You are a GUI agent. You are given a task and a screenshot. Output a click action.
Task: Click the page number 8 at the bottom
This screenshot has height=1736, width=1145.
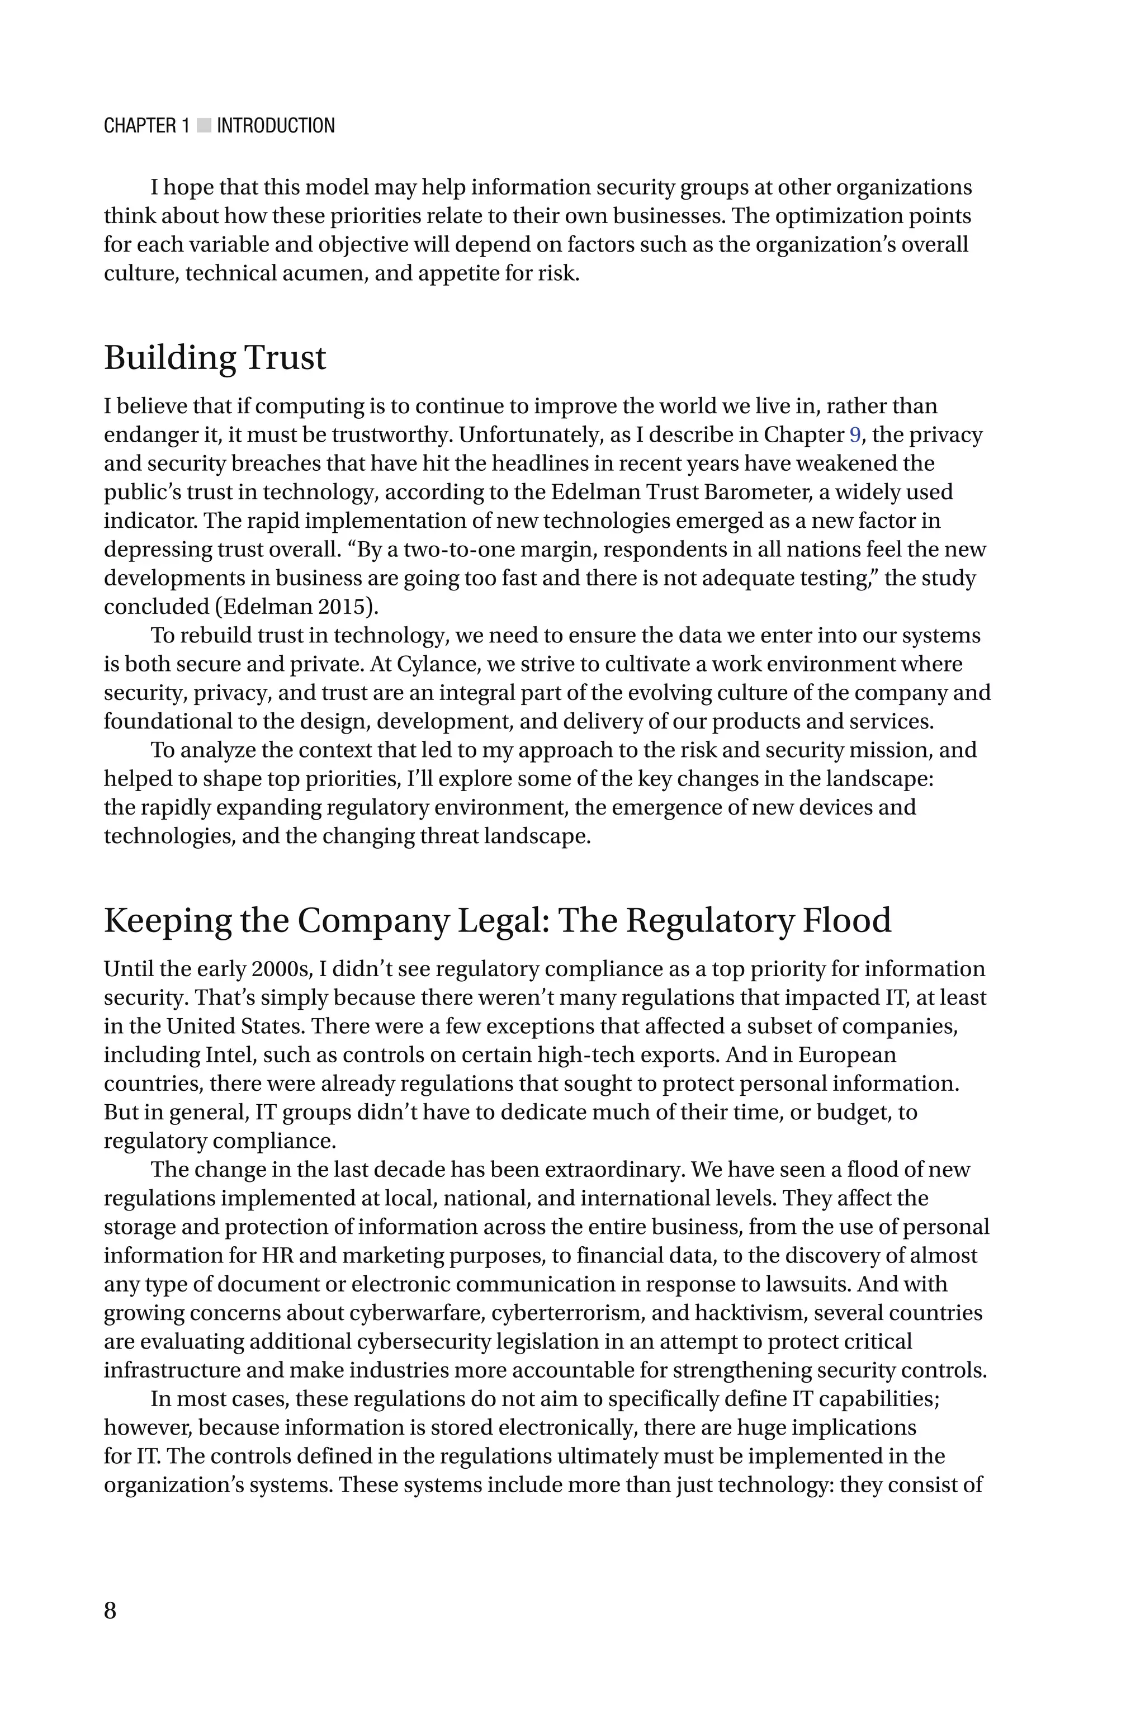[x=110, y=1610]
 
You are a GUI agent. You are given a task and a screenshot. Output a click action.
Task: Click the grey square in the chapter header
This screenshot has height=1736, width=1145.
[x=204, y=126]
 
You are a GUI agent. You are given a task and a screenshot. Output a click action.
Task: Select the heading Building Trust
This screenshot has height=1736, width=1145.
[x=215, y=358]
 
